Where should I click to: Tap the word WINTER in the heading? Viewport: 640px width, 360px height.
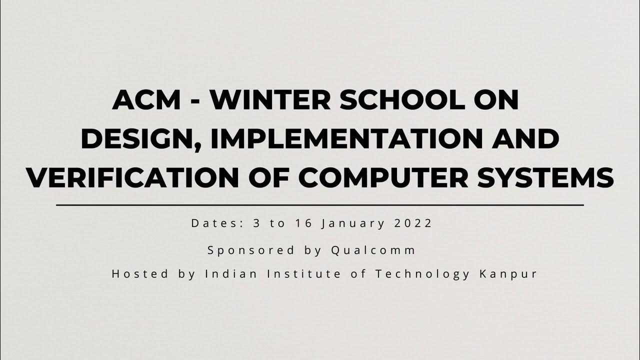[270, 100]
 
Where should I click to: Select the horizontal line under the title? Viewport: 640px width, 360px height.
[320, 205]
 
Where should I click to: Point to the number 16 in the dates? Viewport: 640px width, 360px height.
[303, 223]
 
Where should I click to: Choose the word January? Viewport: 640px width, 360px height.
[354, 224]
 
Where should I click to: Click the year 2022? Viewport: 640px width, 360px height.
[413, 223]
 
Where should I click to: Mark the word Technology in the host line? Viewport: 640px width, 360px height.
[422, 274]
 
